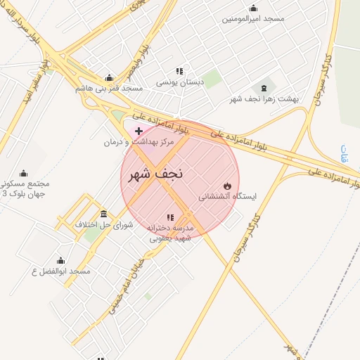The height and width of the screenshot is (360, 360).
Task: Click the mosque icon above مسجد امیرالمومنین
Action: pos(254,8)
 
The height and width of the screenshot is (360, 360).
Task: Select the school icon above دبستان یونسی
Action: pos(180,71)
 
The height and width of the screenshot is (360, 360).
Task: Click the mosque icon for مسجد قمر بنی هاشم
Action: pos(109,78)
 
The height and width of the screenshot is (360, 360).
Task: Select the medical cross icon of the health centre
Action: pos(139,131)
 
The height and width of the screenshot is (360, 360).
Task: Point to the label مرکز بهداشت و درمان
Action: pos(139,142)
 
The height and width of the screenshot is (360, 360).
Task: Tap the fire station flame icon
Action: pos(226,186)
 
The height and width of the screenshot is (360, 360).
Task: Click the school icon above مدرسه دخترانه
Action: pos(169,217)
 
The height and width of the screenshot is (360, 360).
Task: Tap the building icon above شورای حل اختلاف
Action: pos(104,214)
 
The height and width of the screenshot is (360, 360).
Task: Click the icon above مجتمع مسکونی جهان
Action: pos(23,174)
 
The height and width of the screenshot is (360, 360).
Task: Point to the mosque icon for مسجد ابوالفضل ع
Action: pos(61,260)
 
